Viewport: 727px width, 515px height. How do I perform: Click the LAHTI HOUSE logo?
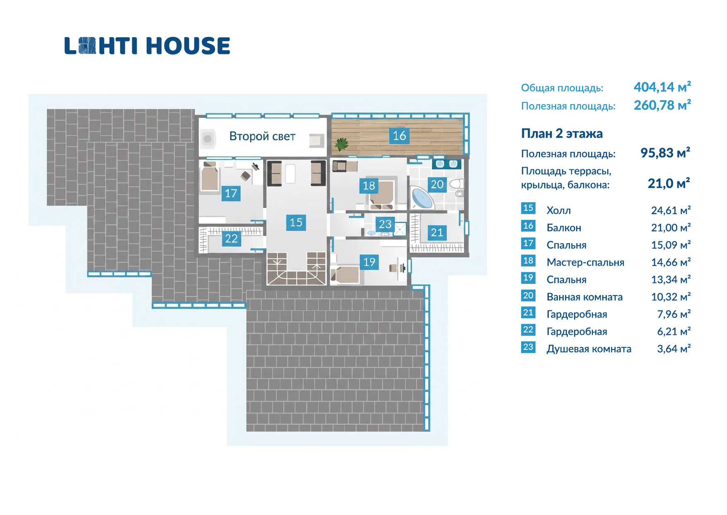pos(147,46)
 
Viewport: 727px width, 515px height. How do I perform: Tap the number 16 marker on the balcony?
pos(399,136)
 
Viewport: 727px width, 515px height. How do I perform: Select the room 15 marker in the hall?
pos(296,222)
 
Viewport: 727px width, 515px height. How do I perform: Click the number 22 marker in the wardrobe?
pos(231,238)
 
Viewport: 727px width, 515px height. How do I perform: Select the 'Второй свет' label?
pos(262,136)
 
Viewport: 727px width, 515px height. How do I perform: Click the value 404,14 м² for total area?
pos(662,87)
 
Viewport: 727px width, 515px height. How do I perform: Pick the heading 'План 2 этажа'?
pos(562,134)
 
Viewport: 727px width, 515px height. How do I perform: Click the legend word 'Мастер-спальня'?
pos(585,262)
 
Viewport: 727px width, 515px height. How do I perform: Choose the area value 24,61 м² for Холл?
pos(671,210)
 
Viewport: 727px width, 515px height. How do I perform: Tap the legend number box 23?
pos(528,347)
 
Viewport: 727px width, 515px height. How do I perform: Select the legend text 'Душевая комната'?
pos(589,349)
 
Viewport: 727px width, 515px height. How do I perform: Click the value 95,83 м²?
pos(665,153)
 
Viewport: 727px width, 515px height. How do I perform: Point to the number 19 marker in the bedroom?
pos(369,262)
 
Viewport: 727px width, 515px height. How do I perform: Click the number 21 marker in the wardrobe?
pos(437,232)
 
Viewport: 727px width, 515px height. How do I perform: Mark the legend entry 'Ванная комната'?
pos(584,297)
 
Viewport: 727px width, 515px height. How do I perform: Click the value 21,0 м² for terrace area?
pos(669,183)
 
